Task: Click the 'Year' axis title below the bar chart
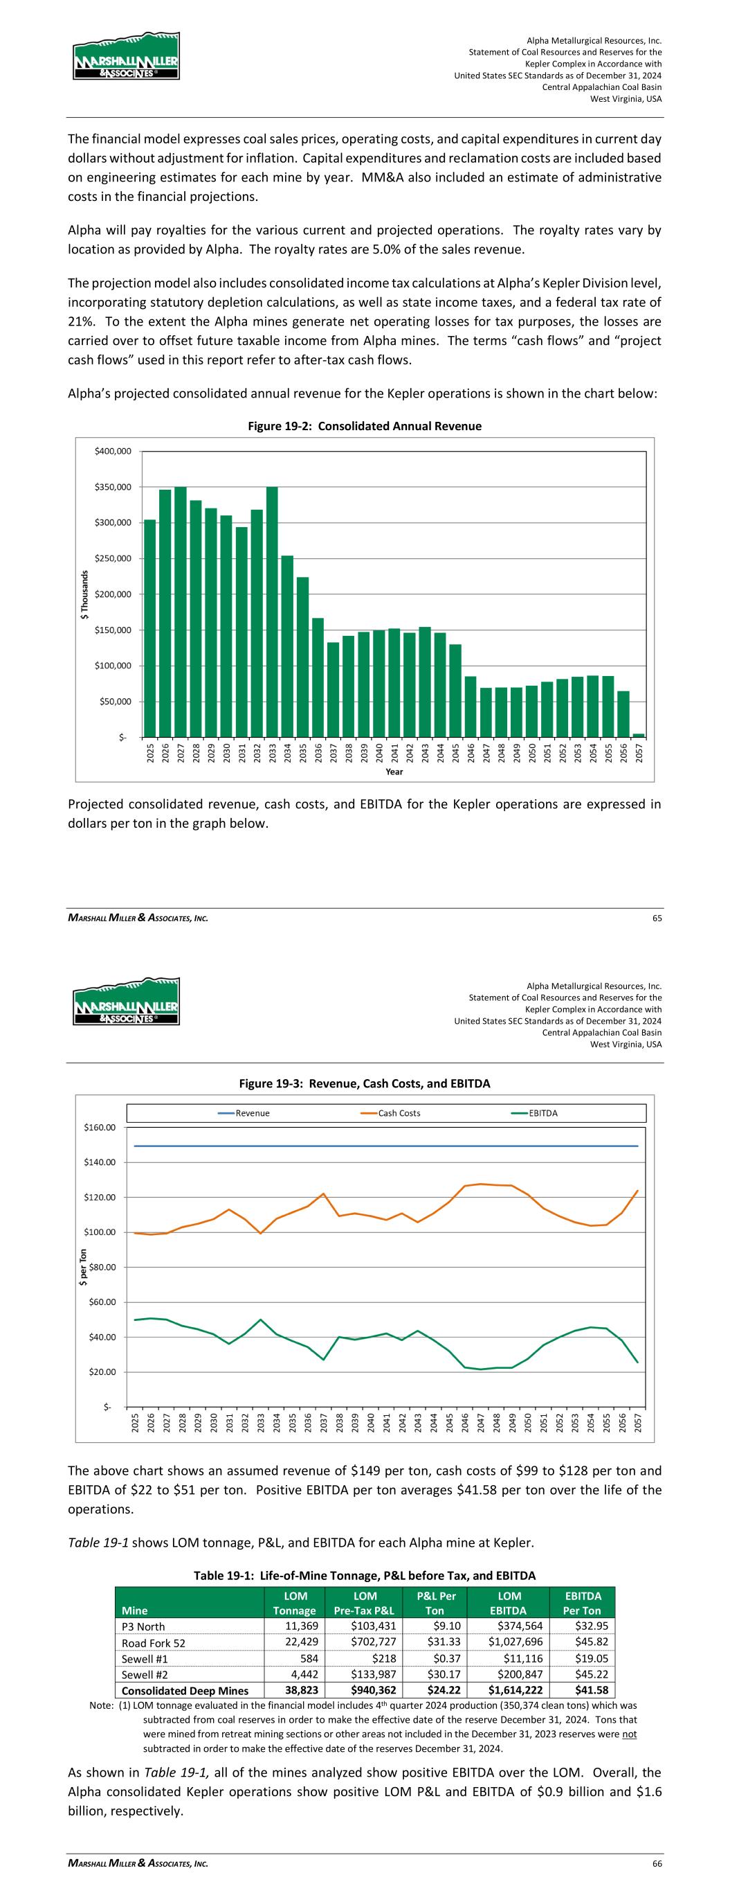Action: (x=394, y=772)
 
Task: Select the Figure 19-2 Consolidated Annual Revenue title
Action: (x=364, y=427)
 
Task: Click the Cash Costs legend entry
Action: (x=399, y=1113)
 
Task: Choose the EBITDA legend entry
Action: (x=543, y=1113)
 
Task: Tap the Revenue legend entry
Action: (x=253, y=1113)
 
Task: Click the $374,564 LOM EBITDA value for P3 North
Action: (x=510, y=1626)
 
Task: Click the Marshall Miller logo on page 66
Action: (x=126, y=1002)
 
